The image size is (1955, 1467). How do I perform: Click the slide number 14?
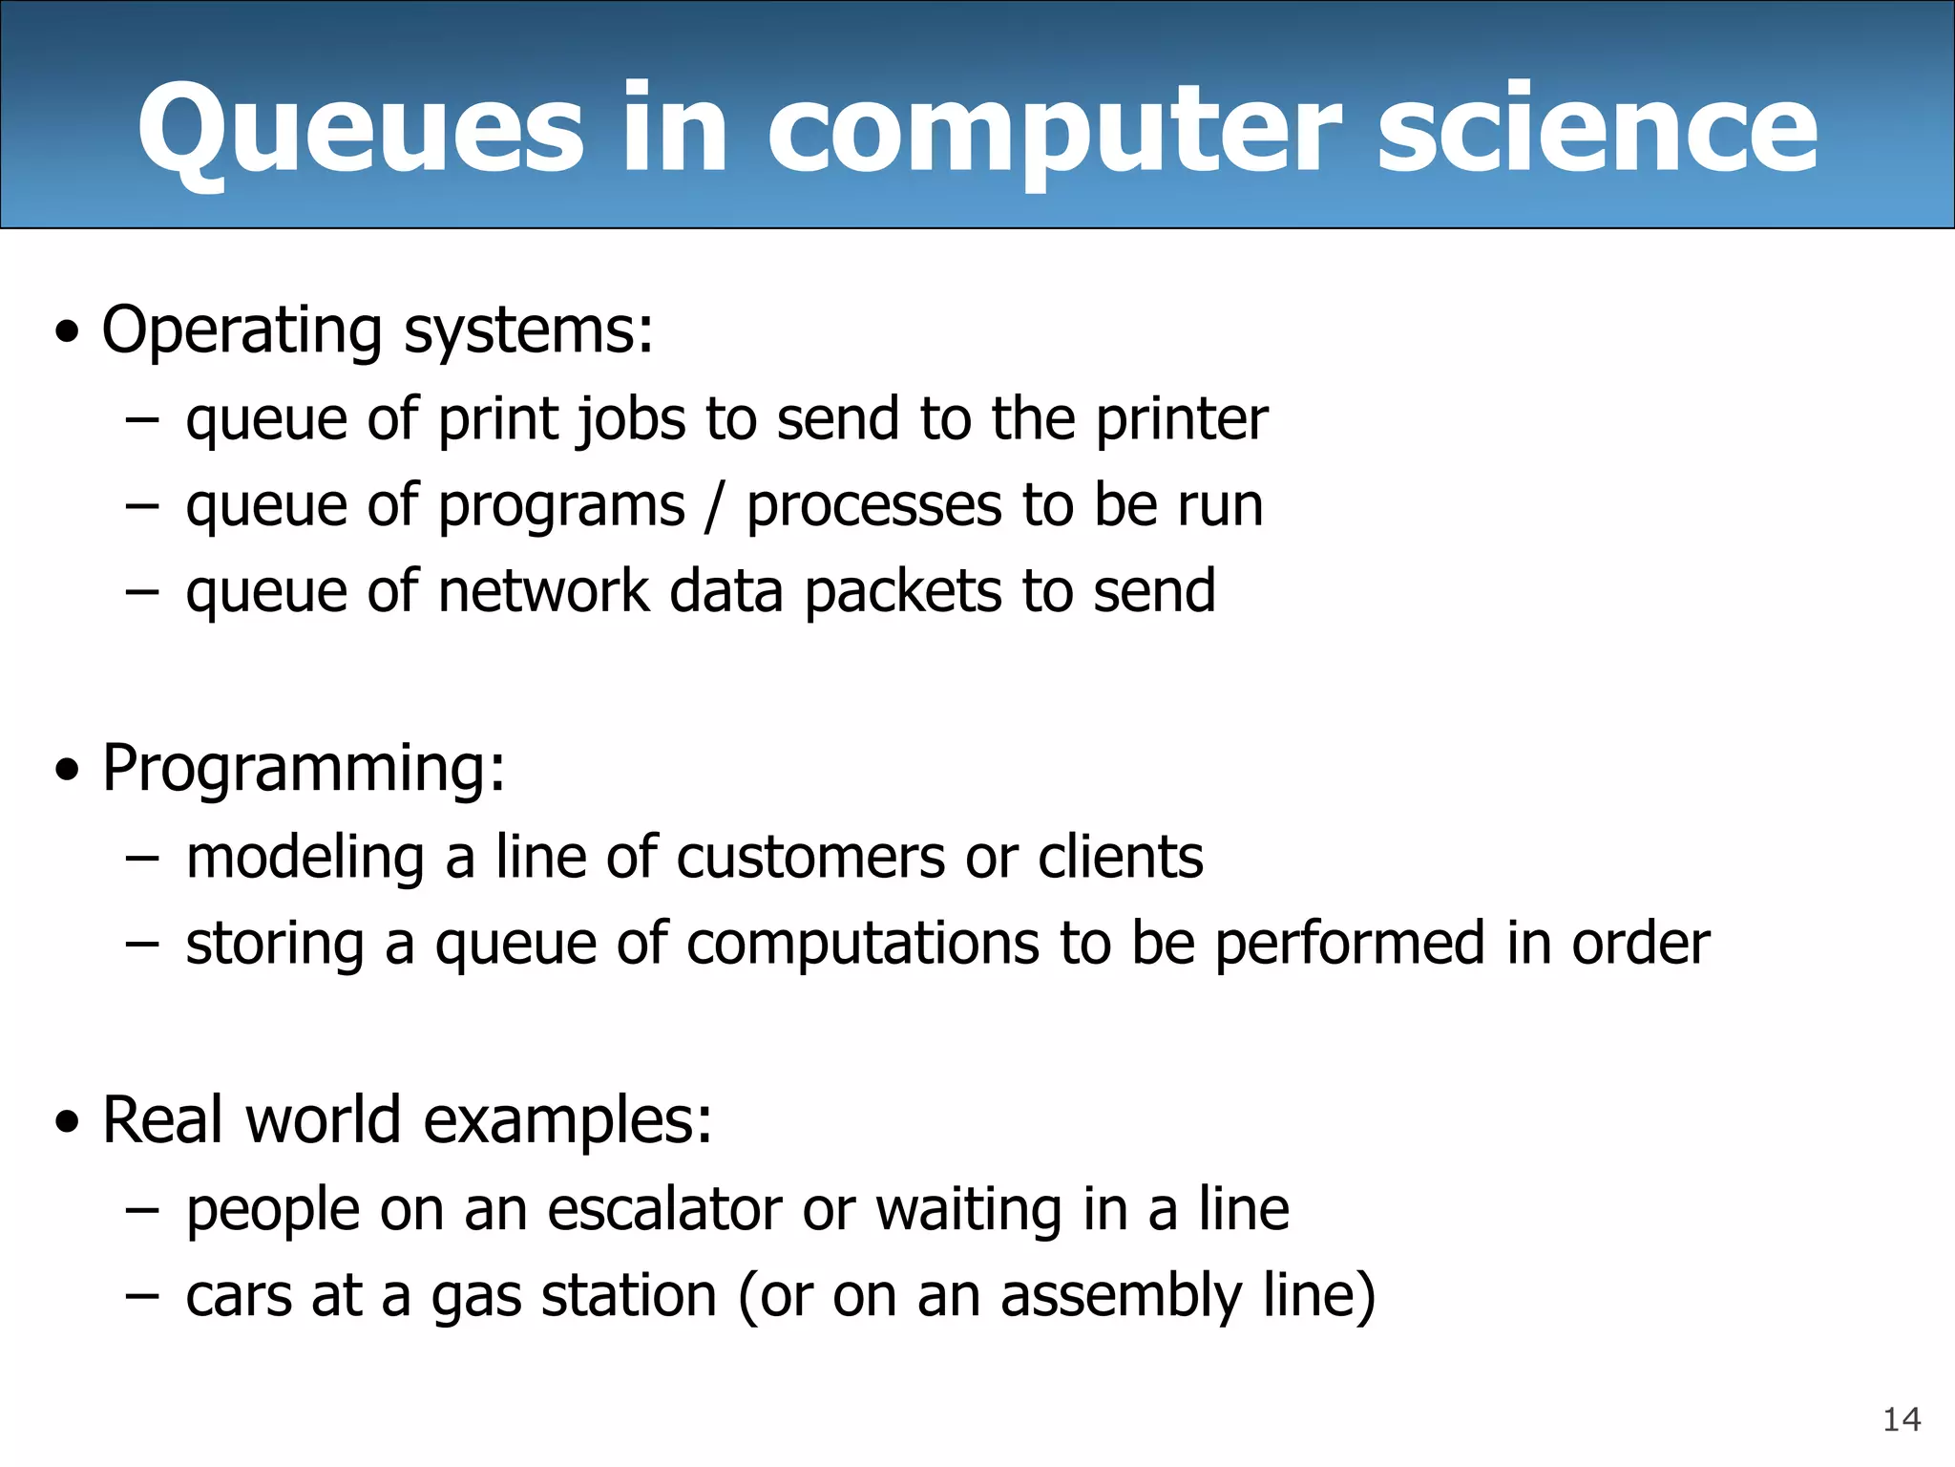point(1901,1419)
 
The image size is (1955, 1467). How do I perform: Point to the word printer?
point(1181,420)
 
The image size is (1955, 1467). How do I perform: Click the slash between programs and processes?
point(715,506)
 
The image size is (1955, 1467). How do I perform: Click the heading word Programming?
point(304,769)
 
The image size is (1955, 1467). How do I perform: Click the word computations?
point(862,944)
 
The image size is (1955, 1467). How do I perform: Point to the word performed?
point(1349,944)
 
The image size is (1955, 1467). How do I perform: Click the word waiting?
point(968,1211)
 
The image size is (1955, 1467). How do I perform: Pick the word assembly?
point(1121,1297)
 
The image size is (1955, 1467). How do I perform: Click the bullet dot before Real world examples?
point(67,1123)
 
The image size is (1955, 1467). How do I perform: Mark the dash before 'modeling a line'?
point(141,857)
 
